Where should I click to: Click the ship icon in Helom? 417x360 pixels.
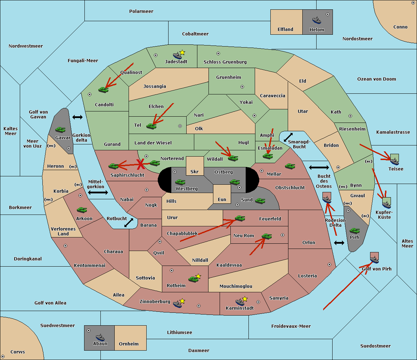(x=317, y=20)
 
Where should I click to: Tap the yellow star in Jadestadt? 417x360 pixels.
(x=182, y=52)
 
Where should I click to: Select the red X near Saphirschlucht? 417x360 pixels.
(x=141, y=164)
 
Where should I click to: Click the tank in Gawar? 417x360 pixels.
(x=60, y=130)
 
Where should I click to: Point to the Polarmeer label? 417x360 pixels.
(x=141, y=11)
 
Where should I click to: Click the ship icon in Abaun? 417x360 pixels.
(x=100, y=337)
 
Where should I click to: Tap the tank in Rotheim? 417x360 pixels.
(x=193, y=279)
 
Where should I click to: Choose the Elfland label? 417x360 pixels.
(x=285, y=30)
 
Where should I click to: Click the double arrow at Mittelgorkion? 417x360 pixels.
(x=98, y=193)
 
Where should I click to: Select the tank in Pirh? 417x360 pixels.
(x=354, y=231)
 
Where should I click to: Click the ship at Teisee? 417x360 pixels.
(x=394, y=160)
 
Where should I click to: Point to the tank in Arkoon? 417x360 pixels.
(x=82, y=210)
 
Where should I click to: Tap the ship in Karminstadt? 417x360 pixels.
(x=240, y=302)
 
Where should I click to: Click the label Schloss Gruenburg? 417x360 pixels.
(x=225, y=62)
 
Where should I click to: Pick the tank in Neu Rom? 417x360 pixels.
(x=267, y=236)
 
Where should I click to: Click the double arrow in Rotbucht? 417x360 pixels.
(x=129, y=223)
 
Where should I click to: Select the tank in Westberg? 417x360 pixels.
(x=180, y=182)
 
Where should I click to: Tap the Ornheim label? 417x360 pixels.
(x=129, y=344)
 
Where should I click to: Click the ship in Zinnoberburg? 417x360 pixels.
(x=177, y=304)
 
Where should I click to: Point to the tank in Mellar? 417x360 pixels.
(x=290, y=167)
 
